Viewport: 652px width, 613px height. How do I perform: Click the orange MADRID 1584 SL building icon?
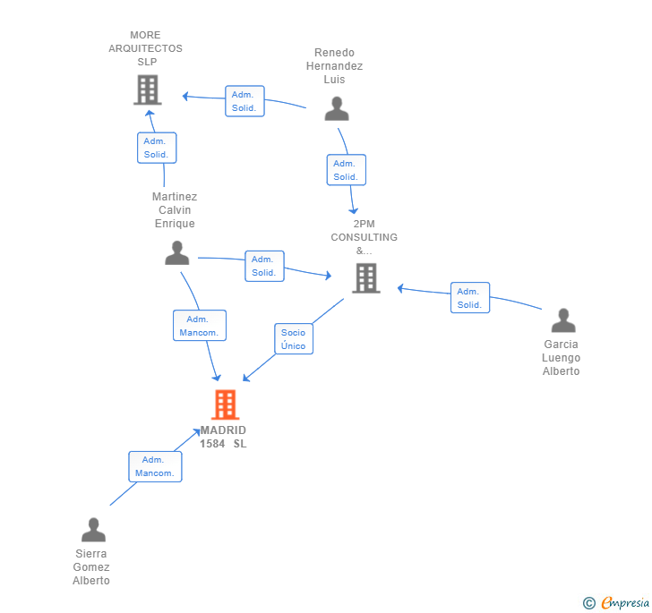[x=225, y=404]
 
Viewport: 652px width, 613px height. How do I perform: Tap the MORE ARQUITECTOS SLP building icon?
[x=147, y=89]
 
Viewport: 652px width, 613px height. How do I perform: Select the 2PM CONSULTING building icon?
[x=365, y=277]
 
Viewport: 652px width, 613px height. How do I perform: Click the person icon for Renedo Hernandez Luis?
[x=337, y=108]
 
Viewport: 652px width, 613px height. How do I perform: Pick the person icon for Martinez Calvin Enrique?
[x=177, y=253]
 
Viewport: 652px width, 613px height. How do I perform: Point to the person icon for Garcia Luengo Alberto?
[x=562, y=320]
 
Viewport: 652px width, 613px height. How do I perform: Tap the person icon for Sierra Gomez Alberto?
[x=93, y=530]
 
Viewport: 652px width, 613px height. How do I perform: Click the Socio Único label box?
[x=293, y=339]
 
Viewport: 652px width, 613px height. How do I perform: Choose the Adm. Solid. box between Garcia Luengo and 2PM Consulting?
[x=469, y=298]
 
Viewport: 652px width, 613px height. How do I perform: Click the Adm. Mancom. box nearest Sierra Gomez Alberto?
[x=155, y=466]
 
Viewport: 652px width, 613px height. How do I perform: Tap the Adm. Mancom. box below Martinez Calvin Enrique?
[x=199, y=326]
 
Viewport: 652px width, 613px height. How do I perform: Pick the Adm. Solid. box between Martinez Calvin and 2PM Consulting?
[x=264, y=266]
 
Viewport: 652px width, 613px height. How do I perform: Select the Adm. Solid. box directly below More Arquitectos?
[x=157, y=148]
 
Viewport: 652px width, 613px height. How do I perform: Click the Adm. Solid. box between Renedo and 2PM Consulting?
[x=346, y=170]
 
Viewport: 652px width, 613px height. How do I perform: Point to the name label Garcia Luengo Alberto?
[x=562, y=357]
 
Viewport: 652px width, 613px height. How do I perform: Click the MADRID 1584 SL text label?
[x=223, y=437]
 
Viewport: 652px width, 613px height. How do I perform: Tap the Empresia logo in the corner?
[x=617, y=603]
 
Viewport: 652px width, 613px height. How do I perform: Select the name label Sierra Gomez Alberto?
[x=91, y=566]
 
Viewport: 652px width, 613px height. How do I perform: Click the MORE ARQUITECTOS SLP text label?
[x=145, y=48]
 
